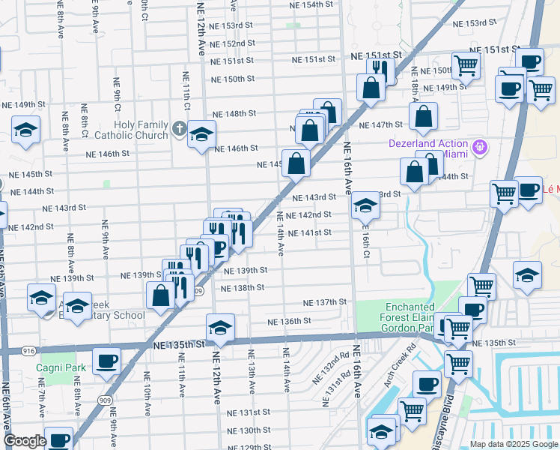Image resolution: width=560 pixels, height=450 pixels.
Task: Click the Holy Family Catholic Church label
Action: [130, 130]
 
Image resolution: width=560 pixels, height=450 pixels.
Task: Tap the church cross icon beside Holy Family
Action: [178, 128]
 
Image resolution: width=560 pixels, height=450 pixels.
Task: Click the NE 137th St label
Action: [325, 302]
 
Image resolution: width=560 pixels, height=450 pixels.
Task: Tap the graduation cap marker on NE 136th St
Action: [219, 328]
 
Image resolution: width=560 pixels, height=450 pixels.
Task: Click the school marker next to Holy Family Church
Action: [201, 135]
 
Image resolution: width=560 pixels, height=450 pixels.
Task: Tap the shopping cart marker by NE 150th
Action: [466, 66]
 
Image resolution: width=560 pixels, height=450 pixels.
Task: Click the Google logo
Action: [25, 441]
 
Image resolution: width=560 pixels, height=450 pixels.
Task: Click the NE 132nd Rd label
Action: [335, 368]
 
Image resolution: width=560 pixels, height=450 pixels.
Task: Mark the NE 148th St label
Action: [234, 113]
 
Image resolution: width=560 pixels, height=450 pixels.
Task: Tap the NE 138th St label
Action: [243, 287]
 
